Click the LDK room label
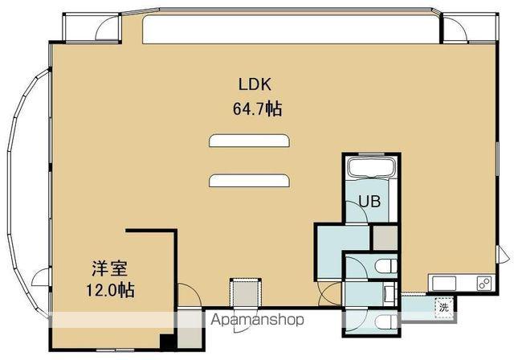(x=255, y=84)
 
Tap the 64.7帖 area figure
(x=257, y=108)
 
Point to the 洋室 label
(x=109, y=268)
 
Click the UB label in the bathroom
(x=369, y=201)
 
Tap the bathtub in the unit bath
(x=373, y=167)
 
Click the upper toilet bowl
(x=386, y=266)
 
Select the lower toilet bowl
(x=386, y=322)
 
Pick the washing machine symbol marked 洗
(x=443, y=308)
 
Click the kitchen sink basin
(x=444, y=284)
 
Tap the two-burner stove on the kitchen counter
(x=483, y=284)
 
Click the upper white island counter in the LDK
(x=249, y=141)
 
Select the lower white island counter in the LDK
(x=249, y=180)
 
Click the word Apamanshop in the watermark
(x=257, y=319)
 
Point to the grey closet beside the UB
(x=385, y=237)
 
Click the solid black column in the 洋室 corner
(x=168, y=342)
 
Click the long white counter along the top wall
(x=291, y=29)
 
